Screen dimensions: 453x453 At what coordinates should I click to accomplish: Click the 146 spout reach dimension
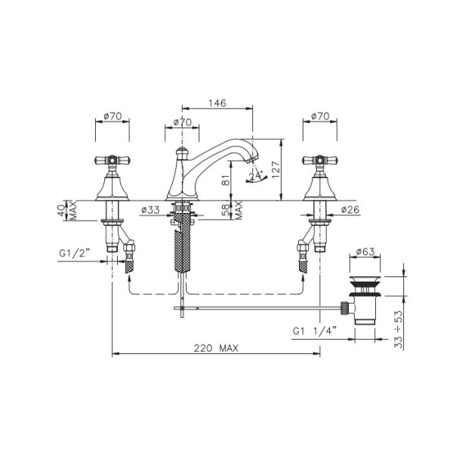[x=217, y=103]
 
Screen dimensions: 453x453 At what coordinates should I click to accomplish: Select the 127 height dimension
[x=276, y=170]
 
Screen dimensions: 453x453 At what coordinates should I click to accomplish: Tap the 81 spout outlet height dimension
[x=226, y=180]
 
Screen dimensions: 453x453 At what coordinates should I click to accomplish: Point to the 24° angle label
[x=255, y=176]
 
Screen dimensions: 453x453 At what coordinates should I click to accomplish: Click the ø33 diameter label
[x=150, y=210]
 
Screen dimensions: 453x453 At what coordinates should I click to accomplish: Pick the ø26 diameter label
[x=350, y=209]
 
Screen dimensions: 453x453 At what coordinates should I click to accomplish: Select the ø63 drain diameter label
[x=365, y=251]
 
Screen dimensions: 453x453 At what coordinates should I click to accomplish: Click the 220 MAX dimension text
[x=216, y=348]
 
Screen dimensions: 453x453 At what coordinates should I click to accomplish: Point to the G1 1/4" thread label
[x=315, y=331]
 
